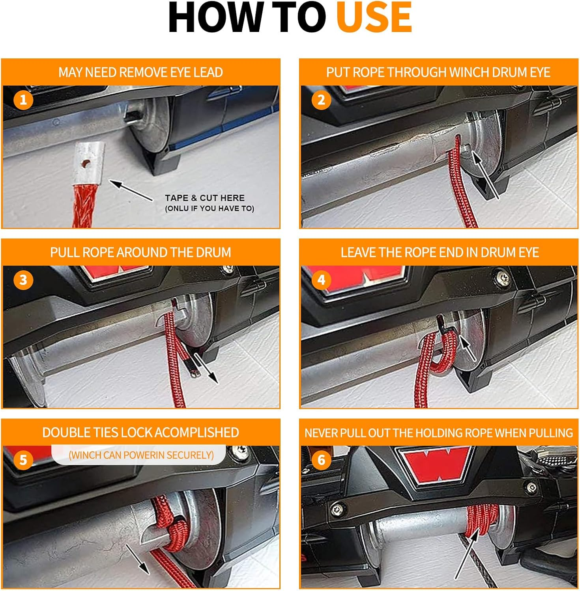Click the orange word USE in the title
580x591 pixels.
[x=374, y=17]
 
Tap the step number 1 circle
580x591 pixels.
[x=23, y=100]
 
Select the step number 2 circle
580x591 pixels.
[x=321, y=100]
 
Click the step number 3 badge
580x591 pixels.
[x=23, y=280]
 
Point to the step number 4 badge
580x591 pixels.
[x=321, y=280]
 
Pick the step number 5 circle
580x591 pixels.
[x=23, y=460]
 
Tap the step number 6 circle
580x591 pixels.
[x=321, y=460]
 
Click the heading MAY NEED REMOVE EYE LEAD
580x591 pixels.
[x=141, y=72]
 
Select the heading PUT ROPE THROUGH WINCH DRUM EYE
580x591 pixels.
[x=438, y=72]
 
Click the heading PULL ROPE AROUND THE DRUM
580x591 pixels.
[x=141, y=253]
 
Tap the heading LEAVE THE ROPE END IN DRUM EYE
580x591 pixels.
[x=440, y=253]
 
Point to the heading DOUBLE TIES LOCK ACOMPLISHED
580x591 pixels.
[x=141, y=433]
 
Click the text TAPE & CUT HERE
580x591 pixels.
[x=205, y=198]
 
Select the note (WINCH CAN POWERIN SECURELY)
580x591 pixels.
[x=141, y=455]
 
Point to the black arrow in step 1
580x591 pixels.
[x=131, y=191]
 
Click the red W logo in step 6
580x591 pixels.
[x=436, y=465]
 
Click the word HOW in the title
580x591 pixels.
[x=215, y=17]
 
